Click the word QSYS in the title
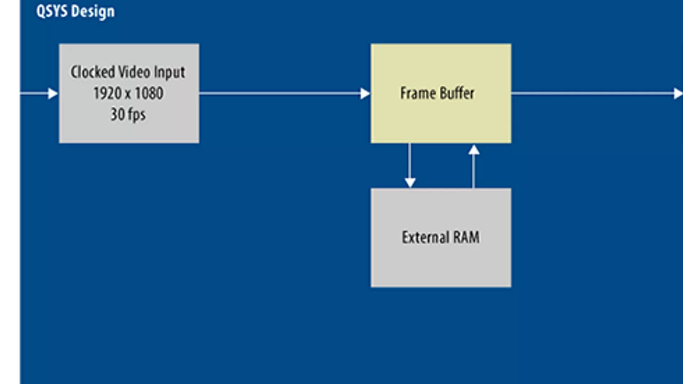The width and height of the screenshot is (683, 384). pyautogui.click(x=52, y=12)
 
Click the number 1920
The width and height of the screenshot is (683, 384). pyautogui.click(x=107, y=94)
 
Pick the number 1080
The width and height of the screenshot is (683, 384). pyautogui.click(x=149, y=94)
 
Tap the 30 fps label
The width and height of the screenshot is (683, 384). pyautogui.click(x=128, y=115)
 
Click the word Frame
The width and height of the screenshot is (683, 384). pyautogui.click(x=418, y=93)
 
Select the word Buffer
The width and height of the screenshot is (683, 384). pyautogui.click(x=457, y=93)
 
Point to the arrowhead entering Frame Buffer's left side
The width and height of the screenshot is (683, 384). pyautogui.click(x=365, y=94)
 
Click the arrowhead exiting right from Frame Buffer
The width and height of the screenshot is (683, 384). pyautogui.click(x=678, y=94)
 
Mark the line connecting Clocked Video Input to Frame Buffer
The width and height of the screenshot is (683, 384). pyautogui.click(x=280, y=94)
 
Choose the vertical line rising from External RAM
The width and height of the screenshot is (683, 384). pyautogui.click(x=473, y=171)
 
